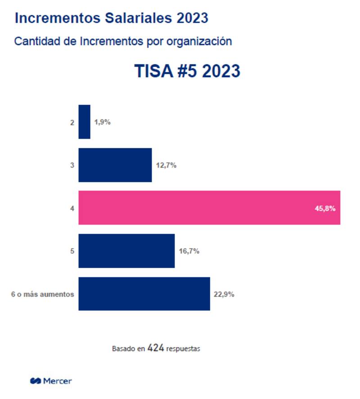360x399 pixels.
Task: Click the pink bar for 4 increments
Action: click(x=209, y=207)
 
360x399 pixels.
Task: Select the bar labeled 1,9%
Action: click(x=84, y=122)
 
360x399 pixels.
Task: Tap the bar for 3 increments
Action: click(x=115, y=165)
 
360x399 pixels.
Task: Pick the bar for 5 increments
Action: click(x=126, y=251)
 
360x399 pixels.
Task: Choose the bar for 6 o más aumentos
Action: click(x=144, y=294)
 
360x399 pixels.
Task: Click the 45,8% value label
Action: click(x=325, y=208)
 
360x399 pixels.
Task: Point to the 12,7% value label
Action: click(x=166, y=165)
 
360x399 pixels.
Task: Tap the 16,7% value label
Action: click(x=189, y=251)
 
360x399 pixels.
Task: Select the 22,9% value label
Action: click(x=224, y=294)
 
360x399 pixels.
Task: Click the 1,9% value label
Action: click(x=102, y=122)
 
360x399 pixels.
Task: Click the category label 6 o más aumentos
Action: click(x=42, y=294)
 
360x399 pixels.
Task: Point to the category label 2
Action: click(x=72, y=122)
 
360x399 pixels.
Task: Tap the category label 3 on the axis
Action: click(x=72, y=165)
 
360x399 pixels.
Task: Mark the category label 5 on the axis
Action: click(x=72, y=251)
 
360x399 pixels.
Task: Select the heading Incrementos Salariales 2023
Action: click(x=111, y=18)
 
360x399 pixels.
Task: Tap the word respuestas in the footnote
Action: click(x=183, y=349)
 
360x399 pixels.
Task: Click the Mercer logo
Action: click(x=51, y=381)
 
